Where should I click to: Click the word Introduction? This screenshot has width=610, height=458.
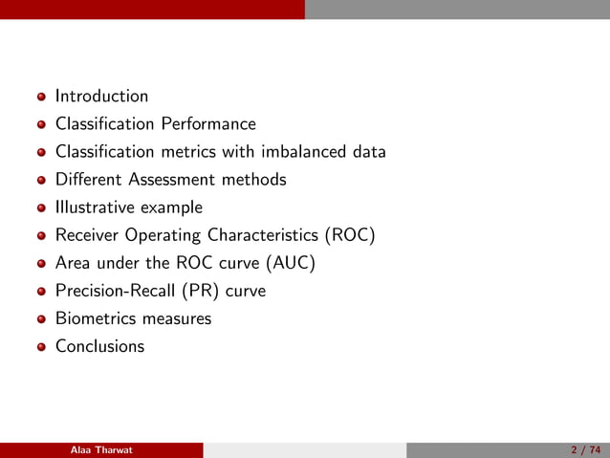tap(101, 96)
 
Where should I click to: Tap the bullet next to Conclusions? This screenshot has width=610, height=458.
tap(41, 347)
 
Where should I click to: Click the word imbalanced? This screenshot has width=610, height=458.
tap(305, 151)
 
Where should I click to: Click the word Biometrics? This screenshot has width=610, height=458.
tap(94, 318)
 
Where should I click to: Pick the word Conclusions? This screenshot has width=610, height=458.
tap(99, 346)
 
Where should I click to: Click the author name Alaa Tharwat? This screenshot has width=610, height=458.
tap(101, 450)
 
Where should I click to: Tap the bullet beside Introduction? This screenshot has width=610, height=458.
tap(41, 97)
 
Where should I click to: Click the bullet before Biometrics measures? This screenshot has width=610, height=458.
tap(41, 319)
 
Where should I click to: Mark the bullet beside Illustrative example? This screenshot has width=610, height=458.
tap(41, 207)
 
